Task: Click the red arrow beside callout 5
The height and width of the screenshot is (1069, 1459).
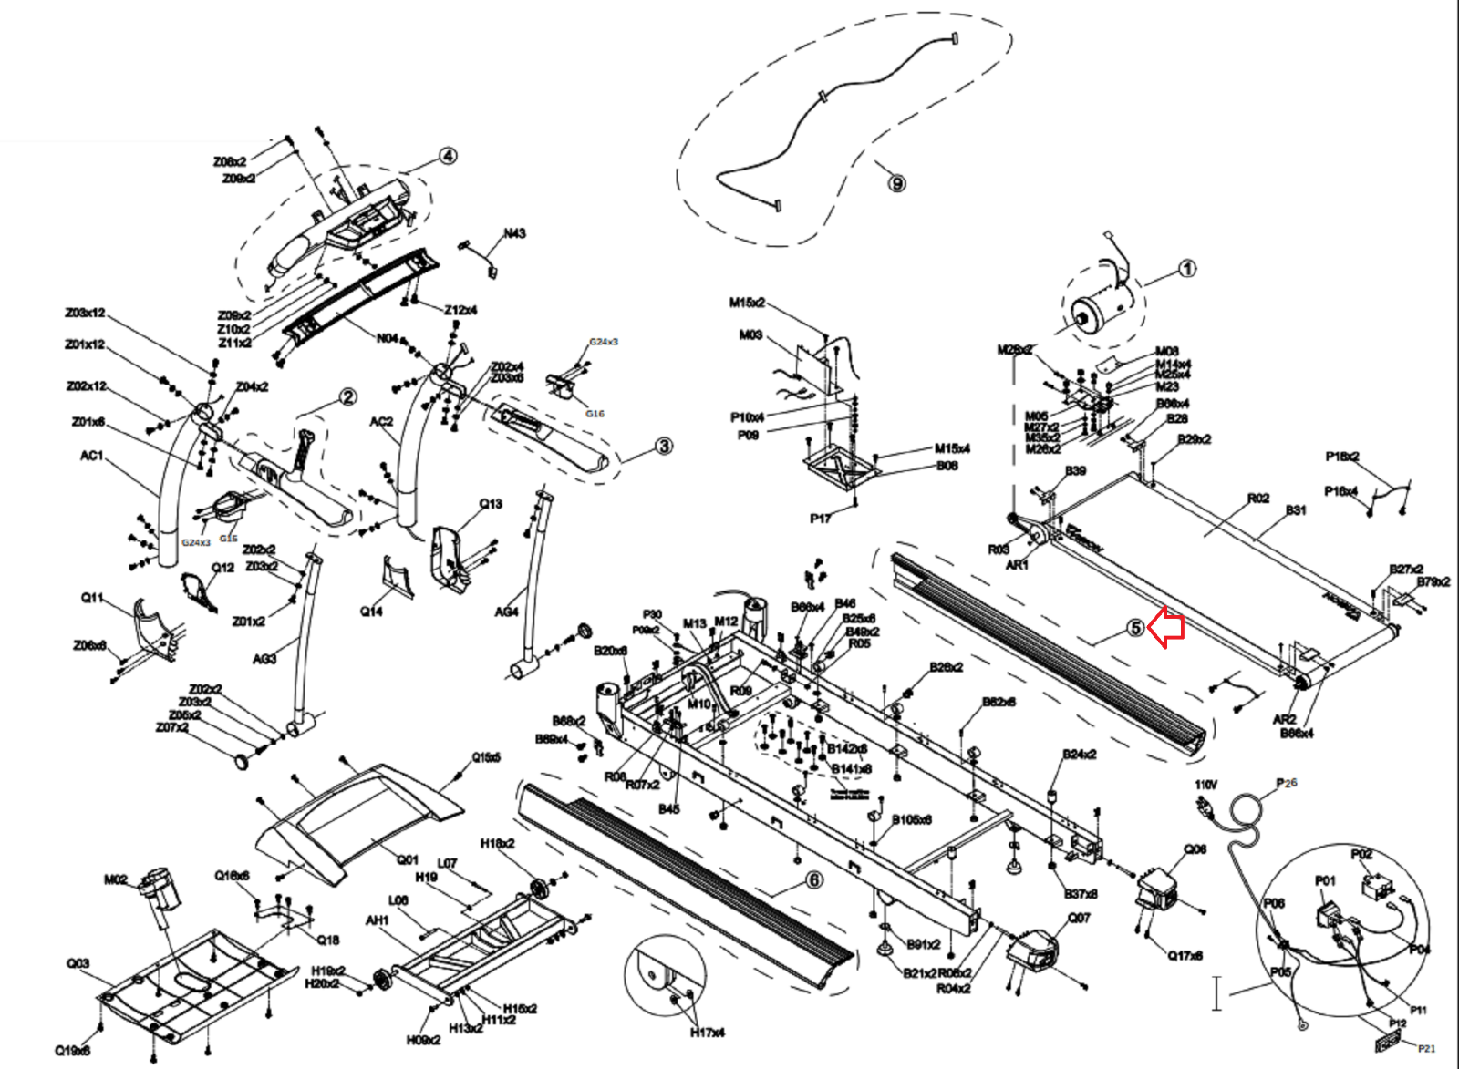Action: click(x=1166, y=628)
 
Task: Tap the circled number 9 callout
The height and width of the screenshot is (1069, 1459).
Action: click(x=897, y=184)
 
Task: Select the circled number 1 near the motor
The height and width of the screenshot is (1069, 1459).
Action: click(x=1186, y=269)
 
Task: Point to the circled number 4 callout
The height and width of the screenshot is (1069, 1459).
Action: click(x=448, y=156)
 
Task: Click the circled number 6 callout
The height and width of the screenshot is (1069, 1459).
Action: click(x=813, y=879)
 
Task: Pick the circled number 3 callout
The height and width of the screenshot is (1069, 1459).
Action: click(x=664, y=446)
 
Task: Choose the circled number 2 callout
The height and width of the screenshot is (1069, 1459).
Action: click(x=347, y=397)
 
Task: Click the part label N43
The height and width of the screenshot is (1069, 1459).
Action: click(x=514, y=234)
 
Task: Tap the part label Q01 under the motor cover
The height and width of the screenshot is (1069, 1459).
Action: click(x=407, y=859)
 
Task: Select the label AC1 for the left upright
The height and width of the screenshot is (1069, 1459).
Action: click(x=92, y=456)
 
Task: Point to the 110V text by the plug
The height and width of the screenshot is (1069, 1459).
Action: click(x=1205, y=784)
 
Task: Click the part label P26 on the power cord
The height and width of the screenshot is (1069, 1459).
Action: click(x=1287, y=783)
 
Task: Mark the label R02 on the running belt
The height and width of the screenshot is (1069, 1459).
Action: click(x=1258, y=499)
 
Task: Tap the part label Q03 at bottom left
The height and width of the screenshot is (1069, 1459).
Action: click(x=78, y=963)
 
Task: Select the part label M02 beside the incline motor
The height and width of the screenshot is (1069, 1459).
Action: click(x=116, y=879)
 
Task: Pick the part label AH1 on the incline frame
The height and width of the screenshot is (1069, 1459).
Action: click(x=377, y=920)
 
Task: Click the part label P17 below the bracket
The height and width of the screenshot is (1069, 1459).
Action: click(x=820, y=519)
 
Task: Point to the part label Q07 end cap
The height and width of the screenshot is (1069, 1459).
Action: click(x=1079, y=918)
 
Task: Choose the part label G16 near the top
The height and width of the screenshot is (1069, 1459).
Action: click(x=595, y=414)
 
